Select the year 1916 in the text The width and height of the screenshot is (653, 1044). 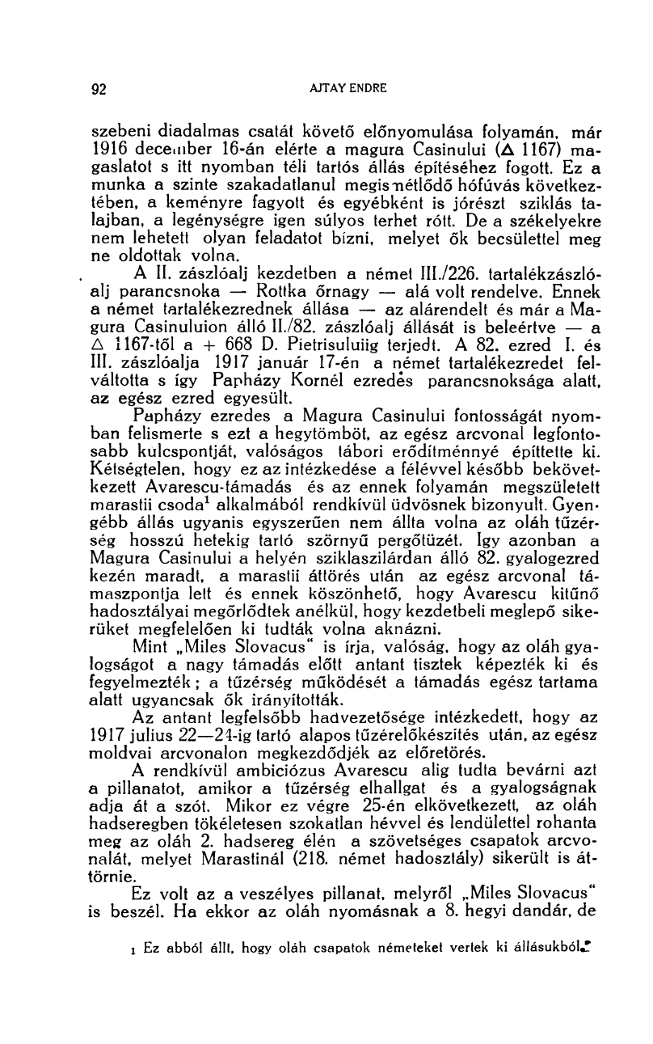tap(107, 150)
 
